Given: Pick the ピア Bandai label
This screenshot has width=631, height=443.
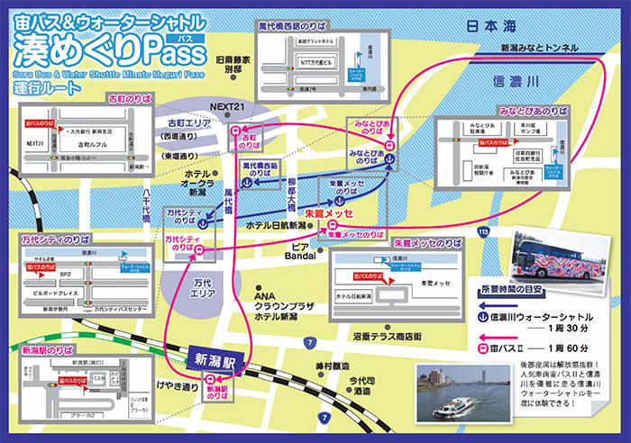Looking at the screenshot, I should coord(299,249).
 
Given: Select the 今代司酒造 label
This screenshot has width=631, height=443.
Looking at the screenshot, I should coord(361,385).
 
